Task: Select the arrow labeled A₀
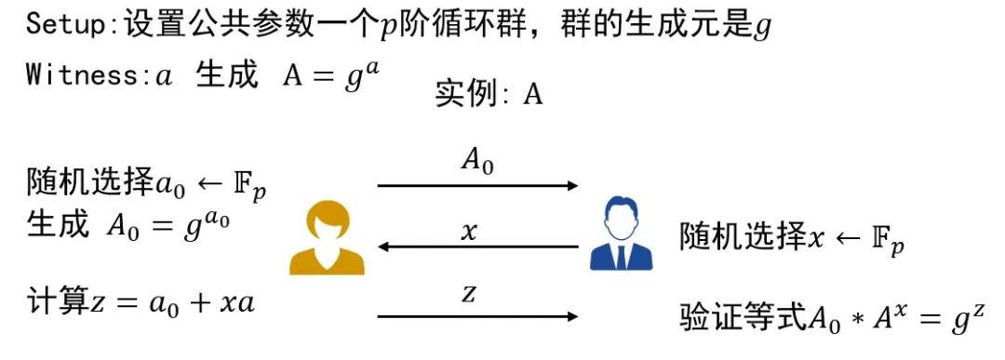pyautogui.click(x=477, y=185)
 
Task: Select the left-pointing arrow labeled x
pyautogui.click(x=477, y=247)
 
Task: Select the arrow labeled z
pyautogui.click(x=477, y=316)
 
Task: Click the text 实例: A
pyautogui.click(x=489, y=95)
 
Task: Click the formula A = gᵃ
pyautogui.click(x=330, y=75)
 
